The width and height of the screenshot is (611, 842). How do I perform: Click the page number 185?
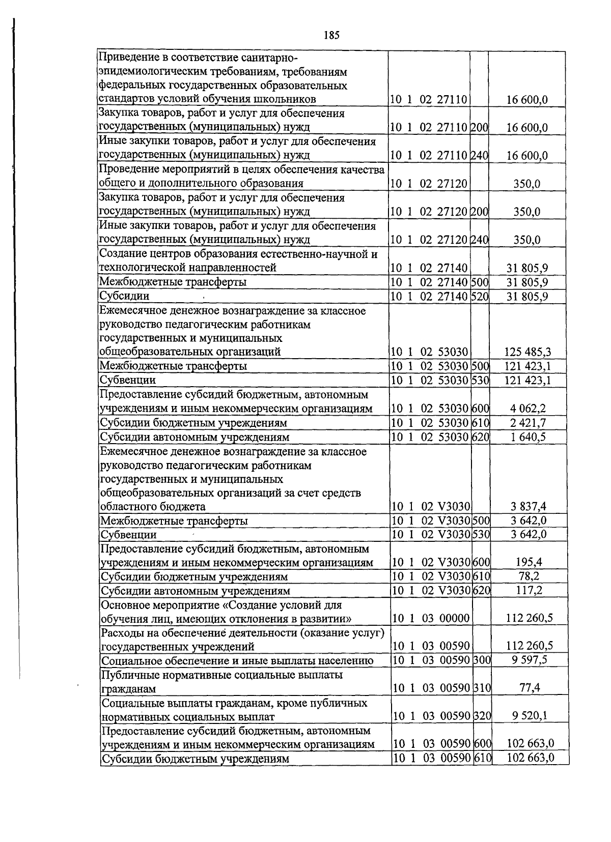[x=331, y=35]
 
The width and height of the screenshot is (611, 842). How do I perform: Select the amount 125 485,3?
[x=527, y=352]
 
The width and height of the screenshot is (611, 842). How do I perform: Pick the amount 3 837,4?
[x=528, y=506]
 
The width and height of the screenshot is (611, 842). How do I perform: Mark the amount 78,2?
[x=529, y=576]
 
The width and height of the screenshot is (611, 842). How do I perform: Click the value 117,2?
[x=529, y=590]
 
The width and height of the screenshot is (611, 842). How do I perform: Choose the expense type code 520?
[x=480, y=296]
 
